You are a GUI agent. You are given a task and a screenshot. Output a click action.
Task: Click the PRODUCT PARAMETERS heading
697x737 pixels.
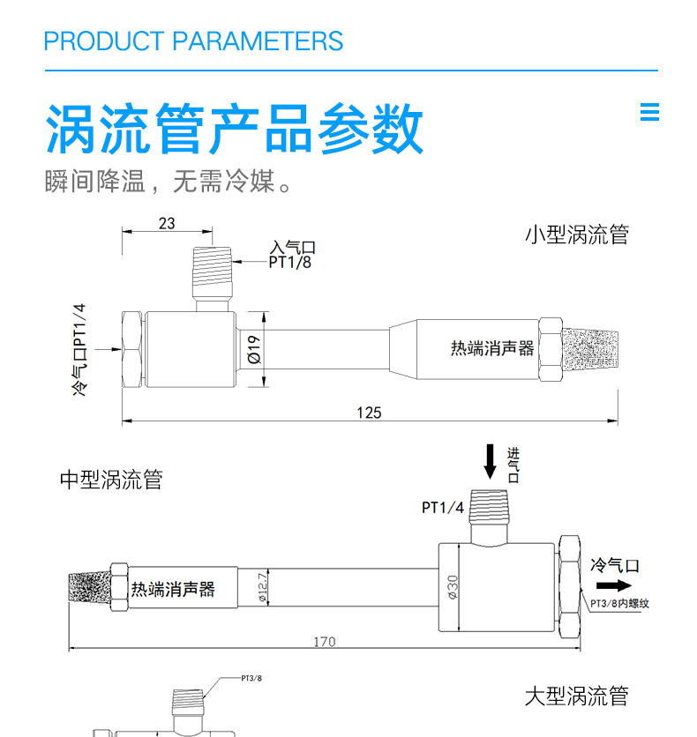pyautogui.click(x=193, y=41)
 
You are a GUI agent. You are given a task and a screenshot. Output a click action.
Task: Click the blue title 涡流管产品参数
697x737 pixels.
pyautogui.click(x=234, y=129)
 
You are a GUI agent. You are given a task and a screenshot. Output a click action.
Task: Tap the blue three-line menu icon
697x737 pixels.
pyautogui.click(x=649, y=112)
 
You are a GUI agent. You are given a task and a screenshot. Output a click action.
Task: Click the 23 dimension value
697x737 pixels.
pyautogui.click(x=167, y=224)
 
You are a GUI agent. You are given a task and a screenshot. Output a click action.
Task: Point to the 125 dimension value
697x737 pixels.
pyautogui.click(x=369, y=413)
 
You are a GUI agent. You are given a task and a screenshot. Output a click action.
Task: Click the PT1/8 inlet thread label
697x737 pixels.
pyautogui.click(x=290, y=263)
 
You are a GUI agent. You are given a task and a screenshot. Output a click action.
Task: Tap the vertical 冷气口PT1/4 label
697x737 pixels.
pyautogui.click(x=80, y=348)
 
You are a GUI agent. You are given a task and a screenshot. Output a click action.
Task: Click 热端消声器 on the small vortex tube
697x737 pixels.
pyautogui.click(x=492, y=348)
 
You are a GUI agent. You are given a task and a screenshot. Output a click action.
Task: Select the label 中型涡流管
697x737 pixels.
pyautogui.click(x=111, y=480)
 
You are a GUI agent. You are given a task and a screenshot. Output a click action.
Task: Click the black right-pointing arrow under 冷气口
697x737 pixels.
pyautogui.click(x=614, y=585)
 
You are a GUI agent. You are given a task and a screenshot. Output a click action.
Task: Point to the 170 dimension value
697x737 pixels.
pyautogui.click(x=324, y=641)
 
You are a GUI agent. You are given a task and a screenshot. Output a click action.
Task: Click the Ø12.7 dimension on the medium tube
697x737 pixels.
pyautogui.click(x=262, y=587)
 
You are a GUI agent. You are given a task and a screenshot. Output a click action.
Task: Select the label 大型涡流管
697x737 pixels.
pyautogui.click(x=576, y=696)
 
